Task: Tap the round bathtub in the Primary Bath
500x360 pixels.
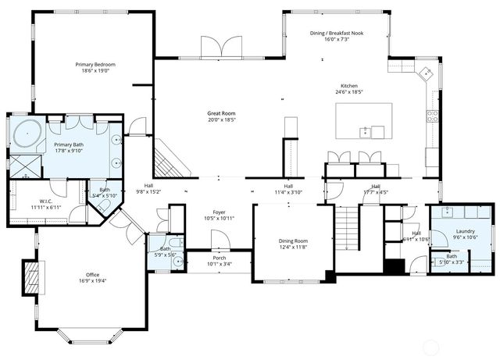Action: tap(28, 134)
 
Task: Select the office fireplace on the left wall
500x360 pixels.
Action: tap(32, 277)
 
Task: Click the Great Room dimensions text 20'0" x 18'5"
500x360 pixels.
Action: tap(221, 120)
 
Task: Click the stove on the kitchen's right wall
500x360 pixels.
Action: tap(431, 118)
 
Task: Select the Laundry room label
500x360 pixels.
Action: tap(466, 231)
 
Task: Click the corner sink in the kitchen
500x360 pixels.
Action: tap(425, 75)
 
